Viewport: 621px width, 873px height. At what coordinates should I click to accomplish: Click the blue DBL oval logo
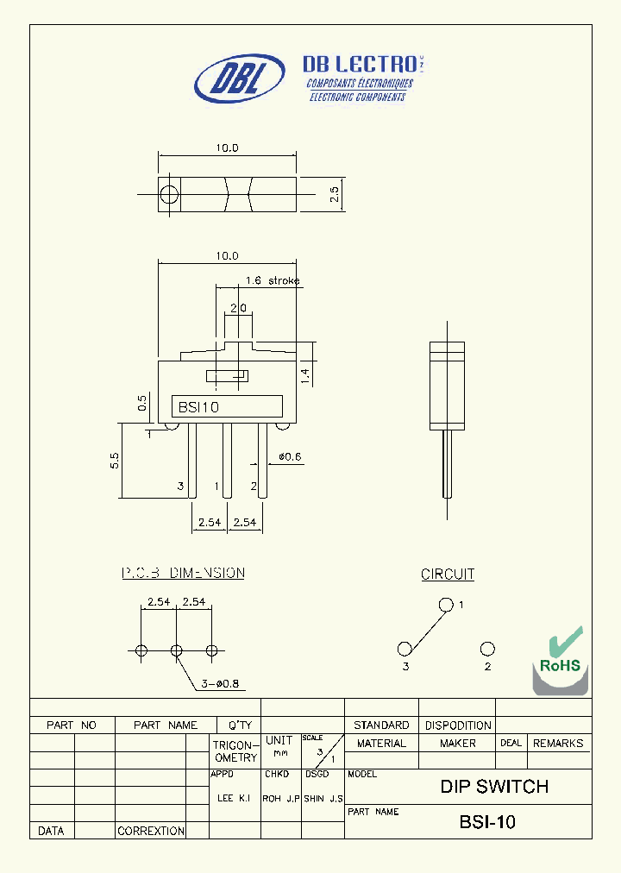(x=240, y=79)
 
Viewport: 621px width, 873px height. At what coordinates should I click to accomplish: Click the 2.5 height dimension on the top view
(x=335, y=195)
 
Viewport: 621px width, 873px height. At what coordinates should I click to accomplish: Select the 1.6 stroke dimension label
(x=273, y=280)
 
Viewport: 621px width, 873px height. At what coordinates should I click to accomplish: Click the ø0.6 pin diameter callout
(x=290, y=456)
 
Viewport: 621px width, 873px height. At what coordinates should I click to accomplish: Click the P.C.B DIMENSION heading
(x=183, y=573)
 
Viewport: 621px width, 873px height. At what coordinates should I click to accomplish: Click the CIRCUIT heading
(x=448, y=574)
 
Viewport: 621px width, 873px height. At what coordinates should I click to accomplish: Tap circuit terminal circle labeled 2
(x=487, y=649)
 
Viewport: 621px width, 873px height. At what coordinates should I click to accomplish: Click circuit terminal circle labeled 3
(x=405, y=649)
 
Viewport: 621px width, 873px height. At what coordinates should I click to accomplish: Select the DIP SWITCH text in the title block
(x=494, y=787)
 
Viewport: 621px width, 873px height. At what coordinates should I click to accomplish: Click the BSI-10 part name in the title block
(x=488, y=822)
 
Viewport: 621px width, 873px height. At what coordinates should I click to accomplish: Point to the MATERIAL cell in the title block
(x=381, y=743)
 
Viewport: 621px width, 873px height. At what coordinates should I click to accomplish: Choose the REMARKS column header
(x=558, y=743)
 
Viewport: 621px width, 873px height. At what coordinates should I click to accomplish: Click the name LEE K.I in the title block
(x=234, y=799)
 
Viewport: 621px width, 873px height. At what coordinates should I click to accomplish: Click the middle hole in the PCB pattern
(x=177, y=650)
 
